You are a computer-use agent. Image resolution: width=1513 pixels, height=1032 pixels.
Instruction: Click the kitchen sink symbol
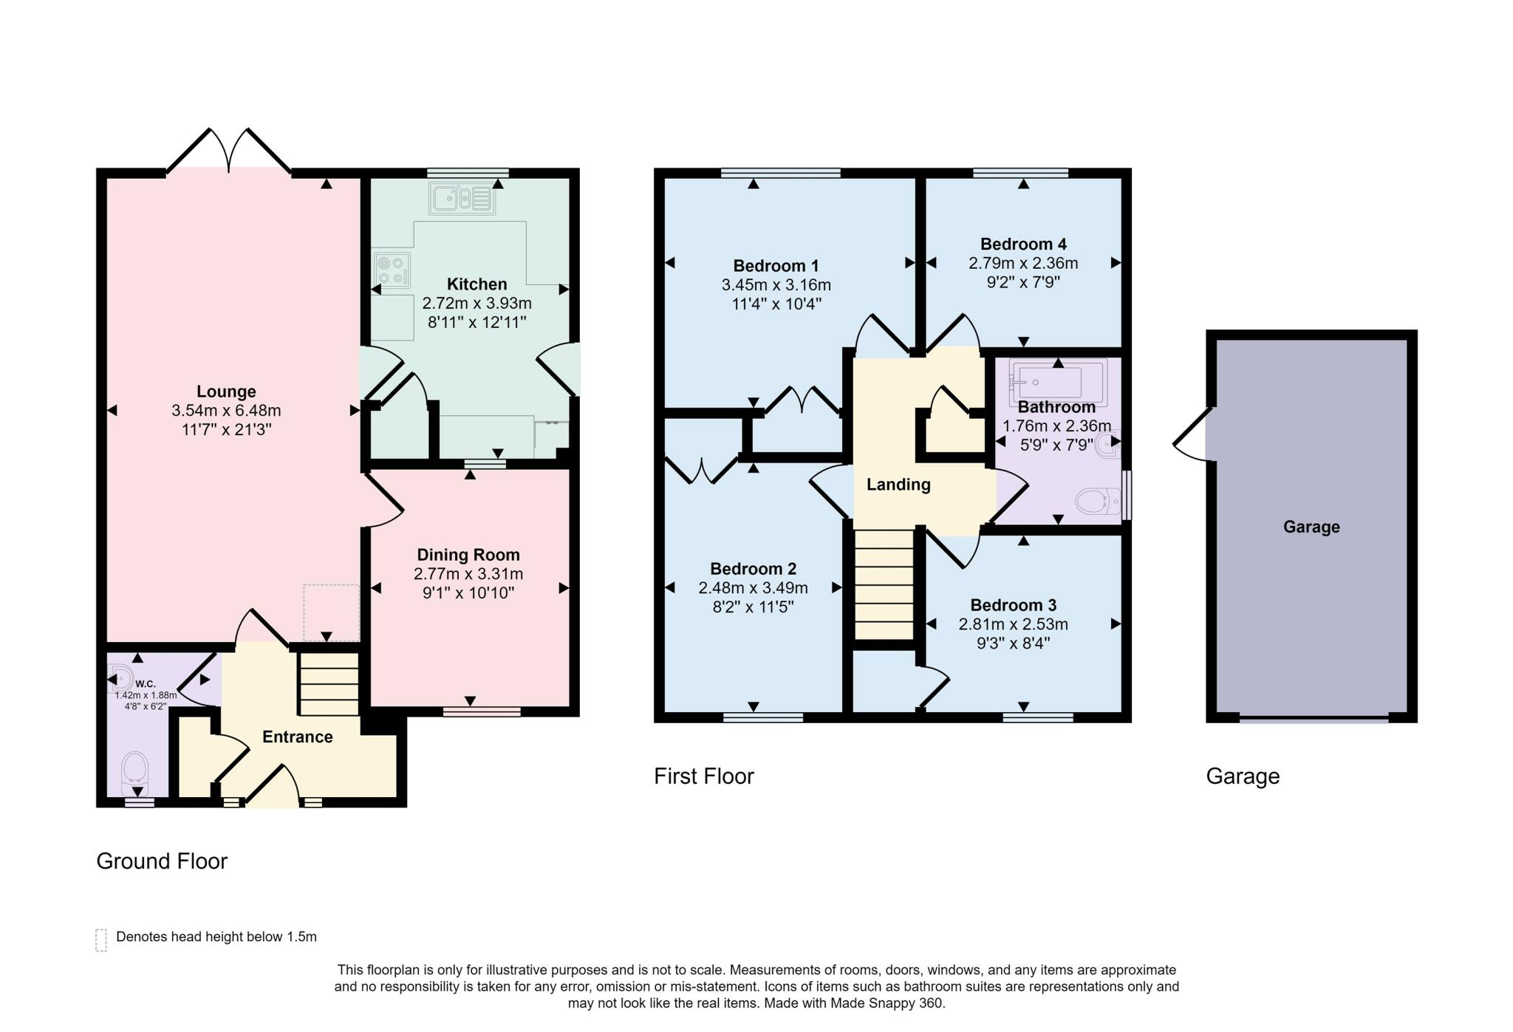[x=462, y=199]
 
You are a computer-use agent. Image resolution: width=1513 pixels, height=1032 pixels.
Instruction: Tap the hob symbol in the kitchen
[x=392, y=270]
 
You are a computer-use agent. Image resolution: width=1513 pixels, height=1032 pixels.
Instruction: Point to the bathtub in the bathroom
[x=1058, y=382]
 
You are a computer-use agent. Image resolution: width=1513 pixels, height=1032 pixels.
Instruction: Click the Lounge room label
[x=226, y=392]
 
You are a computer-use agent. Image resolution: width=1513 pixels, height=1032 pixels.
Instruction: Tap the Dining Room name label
[x=468, y=555]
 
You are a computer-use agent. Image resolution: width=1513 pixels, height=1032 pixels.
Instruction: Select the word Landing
[x=898, y=485]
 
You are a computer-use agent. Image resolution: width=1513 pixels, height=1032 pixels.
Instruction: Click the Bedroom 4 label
[x=1023, y=244]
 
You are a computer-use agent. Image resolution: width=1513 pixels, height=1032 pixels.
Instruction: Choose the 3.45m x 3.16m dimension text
[x=776, y=285]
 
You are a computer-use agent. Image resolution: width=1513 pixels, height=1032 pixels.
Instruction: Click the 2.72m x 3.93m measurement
[x=477, y=303]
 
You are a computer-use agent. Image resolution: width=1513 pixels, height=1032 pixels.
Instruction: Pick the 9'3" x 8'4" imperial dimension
[x=1013, y=643]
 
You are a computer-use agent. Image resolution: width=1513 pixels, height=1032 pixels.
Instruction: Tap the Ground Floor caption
[x=162, y=861]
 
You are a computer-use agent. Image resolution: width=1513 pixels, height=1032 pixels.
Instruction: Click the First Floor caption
[x=704, y=776]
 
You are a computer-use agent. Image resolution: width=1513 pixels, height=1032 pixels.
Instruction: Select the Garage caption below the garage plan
[x=1243, y=776]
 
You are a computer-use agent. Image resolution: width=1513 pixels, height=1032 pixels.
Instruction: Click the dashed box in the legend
[x=101, y=940]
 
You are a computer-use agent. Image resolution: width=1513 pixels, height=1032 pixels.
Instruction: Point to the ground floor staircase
[x=328, y=683]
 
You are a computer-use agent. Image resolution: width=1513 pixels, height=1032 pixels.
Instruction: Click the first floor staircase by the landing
[x=884, y=584]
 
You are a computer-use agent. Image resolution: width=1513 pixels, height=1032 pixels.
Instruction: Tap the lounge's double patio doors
[x=229, y=151]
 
